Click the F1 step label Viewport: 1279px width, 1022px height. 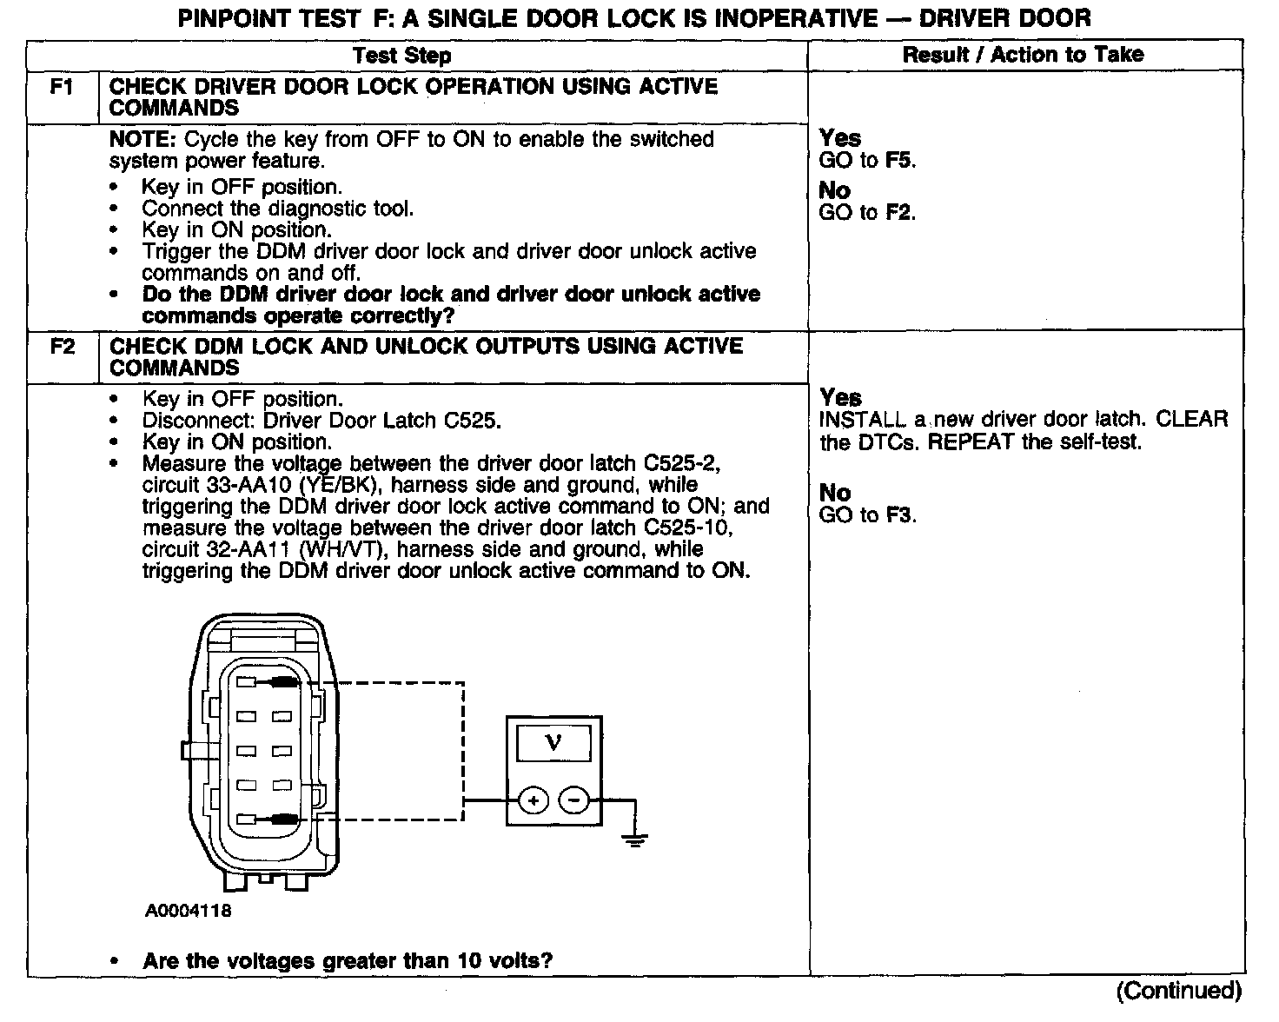pos(62,87)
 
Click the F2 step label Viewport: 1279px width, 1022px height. pos(62,347)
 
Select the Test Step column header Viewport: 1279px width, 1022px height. pos(401,56)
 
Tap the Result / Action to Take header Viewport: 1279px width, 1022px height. pos(1023,55)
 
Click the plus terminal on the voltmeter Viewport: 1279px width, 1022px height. pos(533,800)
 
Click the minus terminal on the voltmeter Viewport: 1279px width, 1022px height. pos(573,800)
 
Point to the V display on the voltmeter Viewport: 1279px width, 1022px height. pos(553,743)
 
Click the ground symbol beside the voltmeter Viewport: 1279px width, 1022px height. pos(635,838)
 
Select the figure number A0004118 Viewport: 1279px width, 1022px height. pos(188,911)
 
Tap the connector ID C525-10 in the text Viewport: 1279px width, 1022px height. pos(690,528)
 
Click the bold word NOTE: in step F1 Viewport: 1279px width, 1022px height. pos(143,140)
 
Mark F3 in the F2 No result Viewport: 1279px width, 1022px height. pos(900,515)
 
